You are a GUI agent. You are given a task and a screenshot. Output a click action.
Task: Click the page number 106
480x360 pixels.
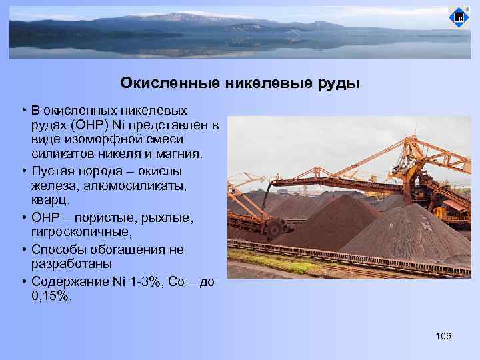(443, 335)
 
